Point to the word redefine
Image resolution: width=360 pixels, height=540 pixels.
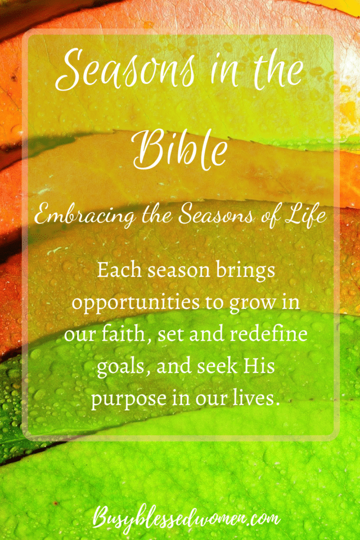click(x=269, y=334)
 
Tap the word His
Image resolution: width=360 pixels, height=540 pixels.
click(x=259, y=366)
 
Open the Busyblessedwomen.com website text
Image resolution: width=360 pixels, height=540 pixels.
click(x=186, y=519)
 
